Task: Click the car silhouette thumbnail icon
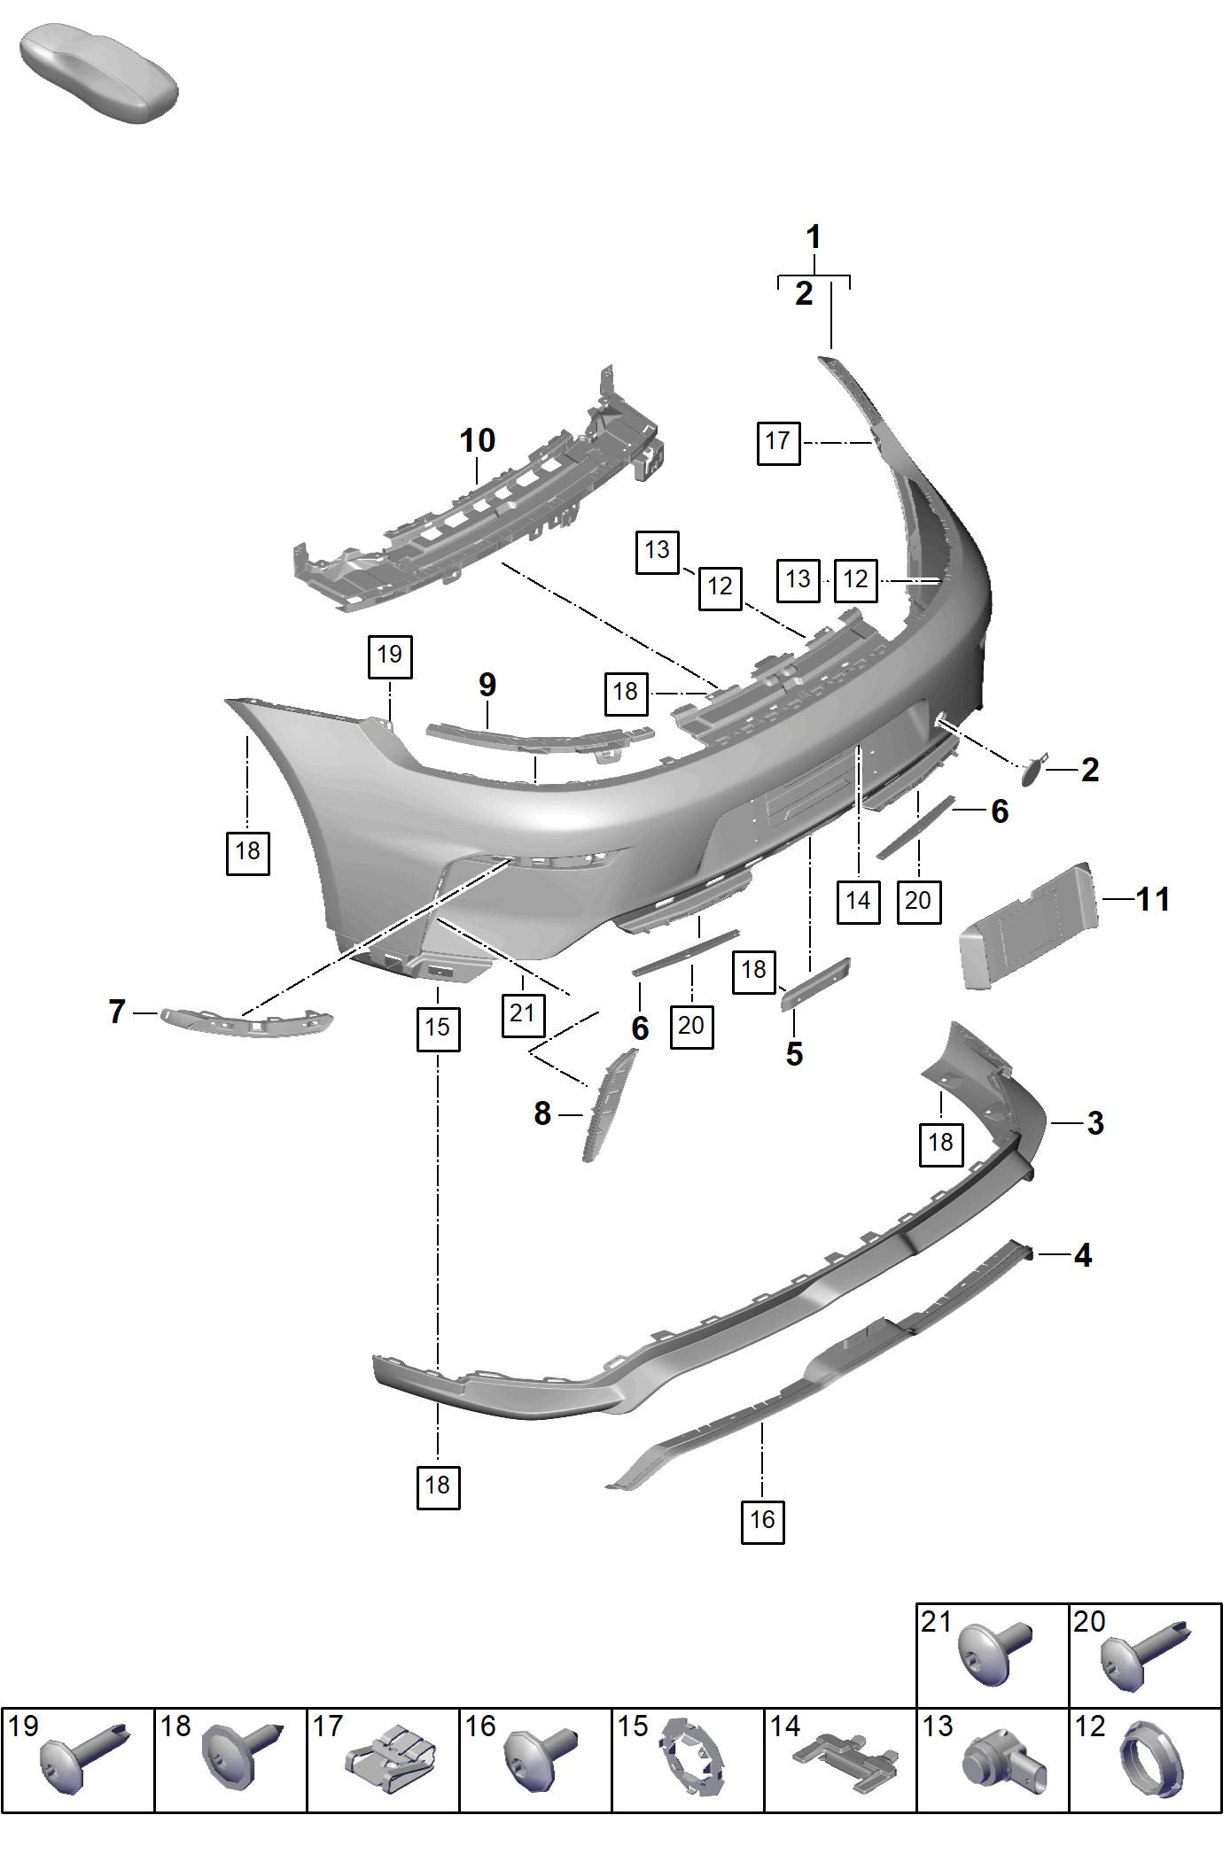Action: point(98,73)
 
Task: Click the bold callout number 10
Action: point(477,440)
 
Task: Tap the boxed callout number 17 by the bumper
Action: point(778,443)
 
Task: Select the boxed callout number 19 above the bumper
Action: point(390,656)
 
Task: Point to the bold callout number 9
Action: point(487,685)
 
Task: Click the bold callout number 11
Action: point(1153,899)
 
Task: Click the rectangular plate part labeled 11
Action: point(1028,927)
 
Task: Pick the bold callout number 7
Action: point(117,1012)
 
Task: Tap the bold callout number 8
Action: point(542,1113)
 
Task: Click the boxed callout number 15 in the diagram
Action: point(438,1028)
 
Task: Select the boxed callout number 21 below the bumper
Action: point(523,1014)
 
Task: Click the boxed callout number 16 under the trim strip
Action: point(762,1521)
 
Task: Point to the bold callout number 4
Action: point(1083,1255)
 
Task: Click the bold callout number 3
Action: point(1095,1123)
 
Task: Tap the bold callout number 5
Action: point(794,1054)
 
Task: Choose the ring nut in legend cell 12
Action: point(1152,1759)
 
